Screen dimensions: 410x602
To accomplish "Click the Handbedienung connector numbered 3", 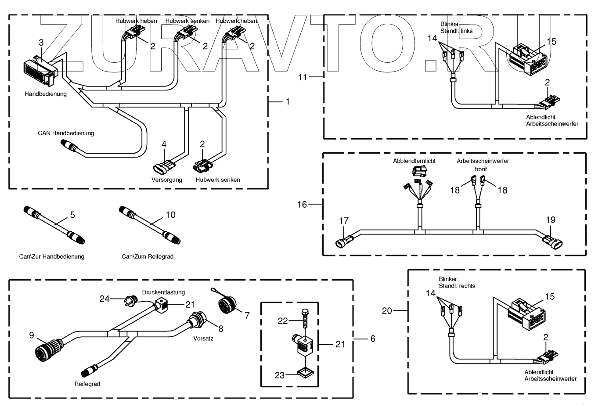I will click(x=39, y=72).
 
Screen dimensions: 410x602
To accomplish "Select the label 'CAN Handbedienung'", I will click(x=66, y=133).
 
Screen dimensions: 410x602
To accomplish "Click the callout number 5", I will click(x=72, y=215).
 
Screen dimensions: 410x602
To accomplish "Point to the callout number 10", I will click(x=170, y=215).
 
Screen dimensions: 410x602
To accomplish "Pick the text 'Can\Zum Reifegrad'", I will click(x=148, y=256).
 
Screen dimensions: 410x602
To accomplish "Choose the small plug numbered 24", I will click(x=131, y=299).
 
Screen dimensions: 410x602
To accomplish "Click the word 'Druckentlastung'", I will click(x=163, y=292).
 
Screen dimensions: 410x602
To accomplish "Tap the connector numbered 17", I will click(x=345, y=241).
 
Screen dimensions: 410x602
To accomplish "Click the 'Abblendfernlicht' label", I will click(x=414, y=161).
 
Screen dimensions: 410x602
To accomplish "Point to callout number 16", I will click(x=302, y=205).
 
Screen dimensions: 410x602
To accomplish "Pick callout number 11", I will click(x=303, y=77).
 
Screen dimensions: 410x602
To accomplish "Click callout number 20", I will click(x=387, y=311).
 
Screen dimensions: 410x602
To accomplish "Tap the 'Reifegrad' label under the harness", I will click(x=87, y=384).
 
